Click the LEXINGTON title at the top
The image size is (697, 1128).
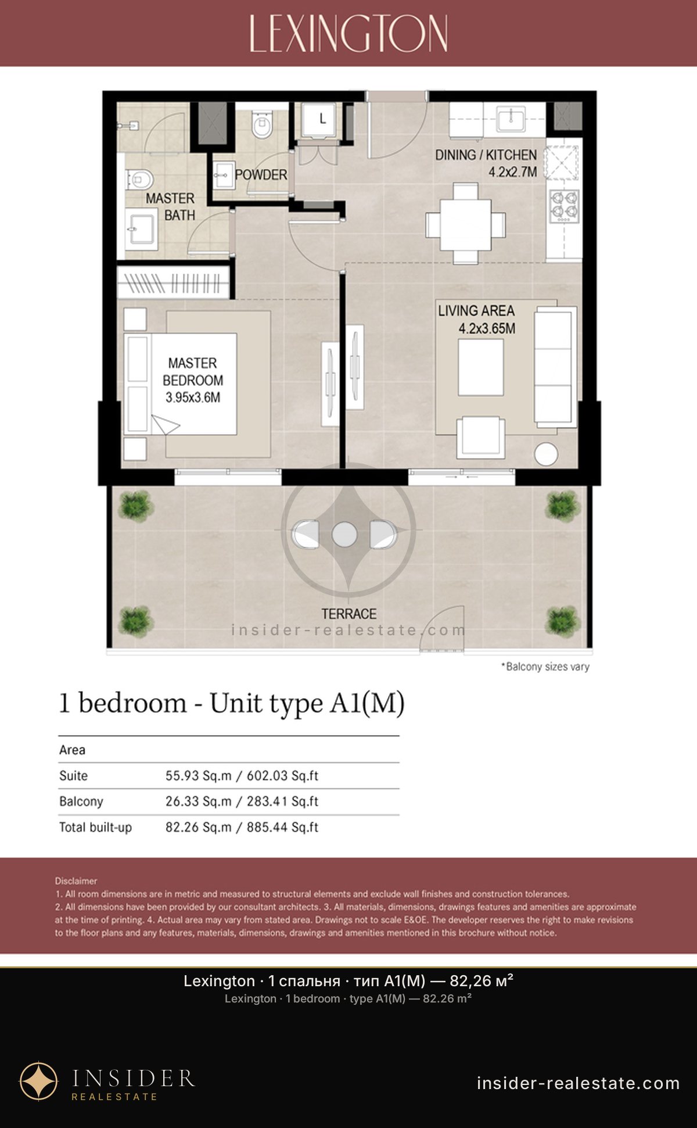(x=348, y=34)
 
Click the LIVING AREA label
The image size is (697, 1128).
(x=476, y=311)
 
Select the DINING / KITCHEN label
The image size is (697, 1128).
(x=486, y=155)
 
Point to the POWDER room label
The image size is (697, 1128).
(x=261, y=174)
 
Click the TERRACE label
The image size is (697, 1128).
(x=349, y=614)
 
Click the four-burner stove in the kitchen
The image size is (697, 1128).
(x=564, y=206)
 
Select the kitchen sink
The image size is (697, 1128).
(x=511, y=119)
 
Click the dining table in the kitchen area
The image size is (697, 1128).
(x=465, y=224)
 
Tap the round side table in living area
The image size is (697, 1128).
(x=546, y=454)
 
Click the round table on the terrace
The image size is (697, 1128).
(x=344, y=535)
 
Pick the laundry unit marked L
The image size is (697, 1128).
(x=319, y=120)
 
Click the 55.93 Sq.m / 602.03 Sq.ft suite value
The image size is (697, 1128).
(x=242, y=776)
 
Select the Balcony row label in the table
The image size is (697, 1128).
(x=81, y=801)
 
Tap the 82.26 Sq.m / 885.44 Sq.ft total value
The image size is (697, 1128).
(x=242, y=827)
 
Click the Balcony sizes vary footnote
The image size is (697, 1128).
(x=545, y=667)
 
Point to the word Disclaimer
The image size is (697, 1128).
(x=76, y=881)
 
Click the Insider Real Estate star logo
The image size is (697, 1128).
(x=39, y=1082)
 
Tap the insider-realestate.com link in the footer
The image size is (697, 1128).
(x=579, y=1083)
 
